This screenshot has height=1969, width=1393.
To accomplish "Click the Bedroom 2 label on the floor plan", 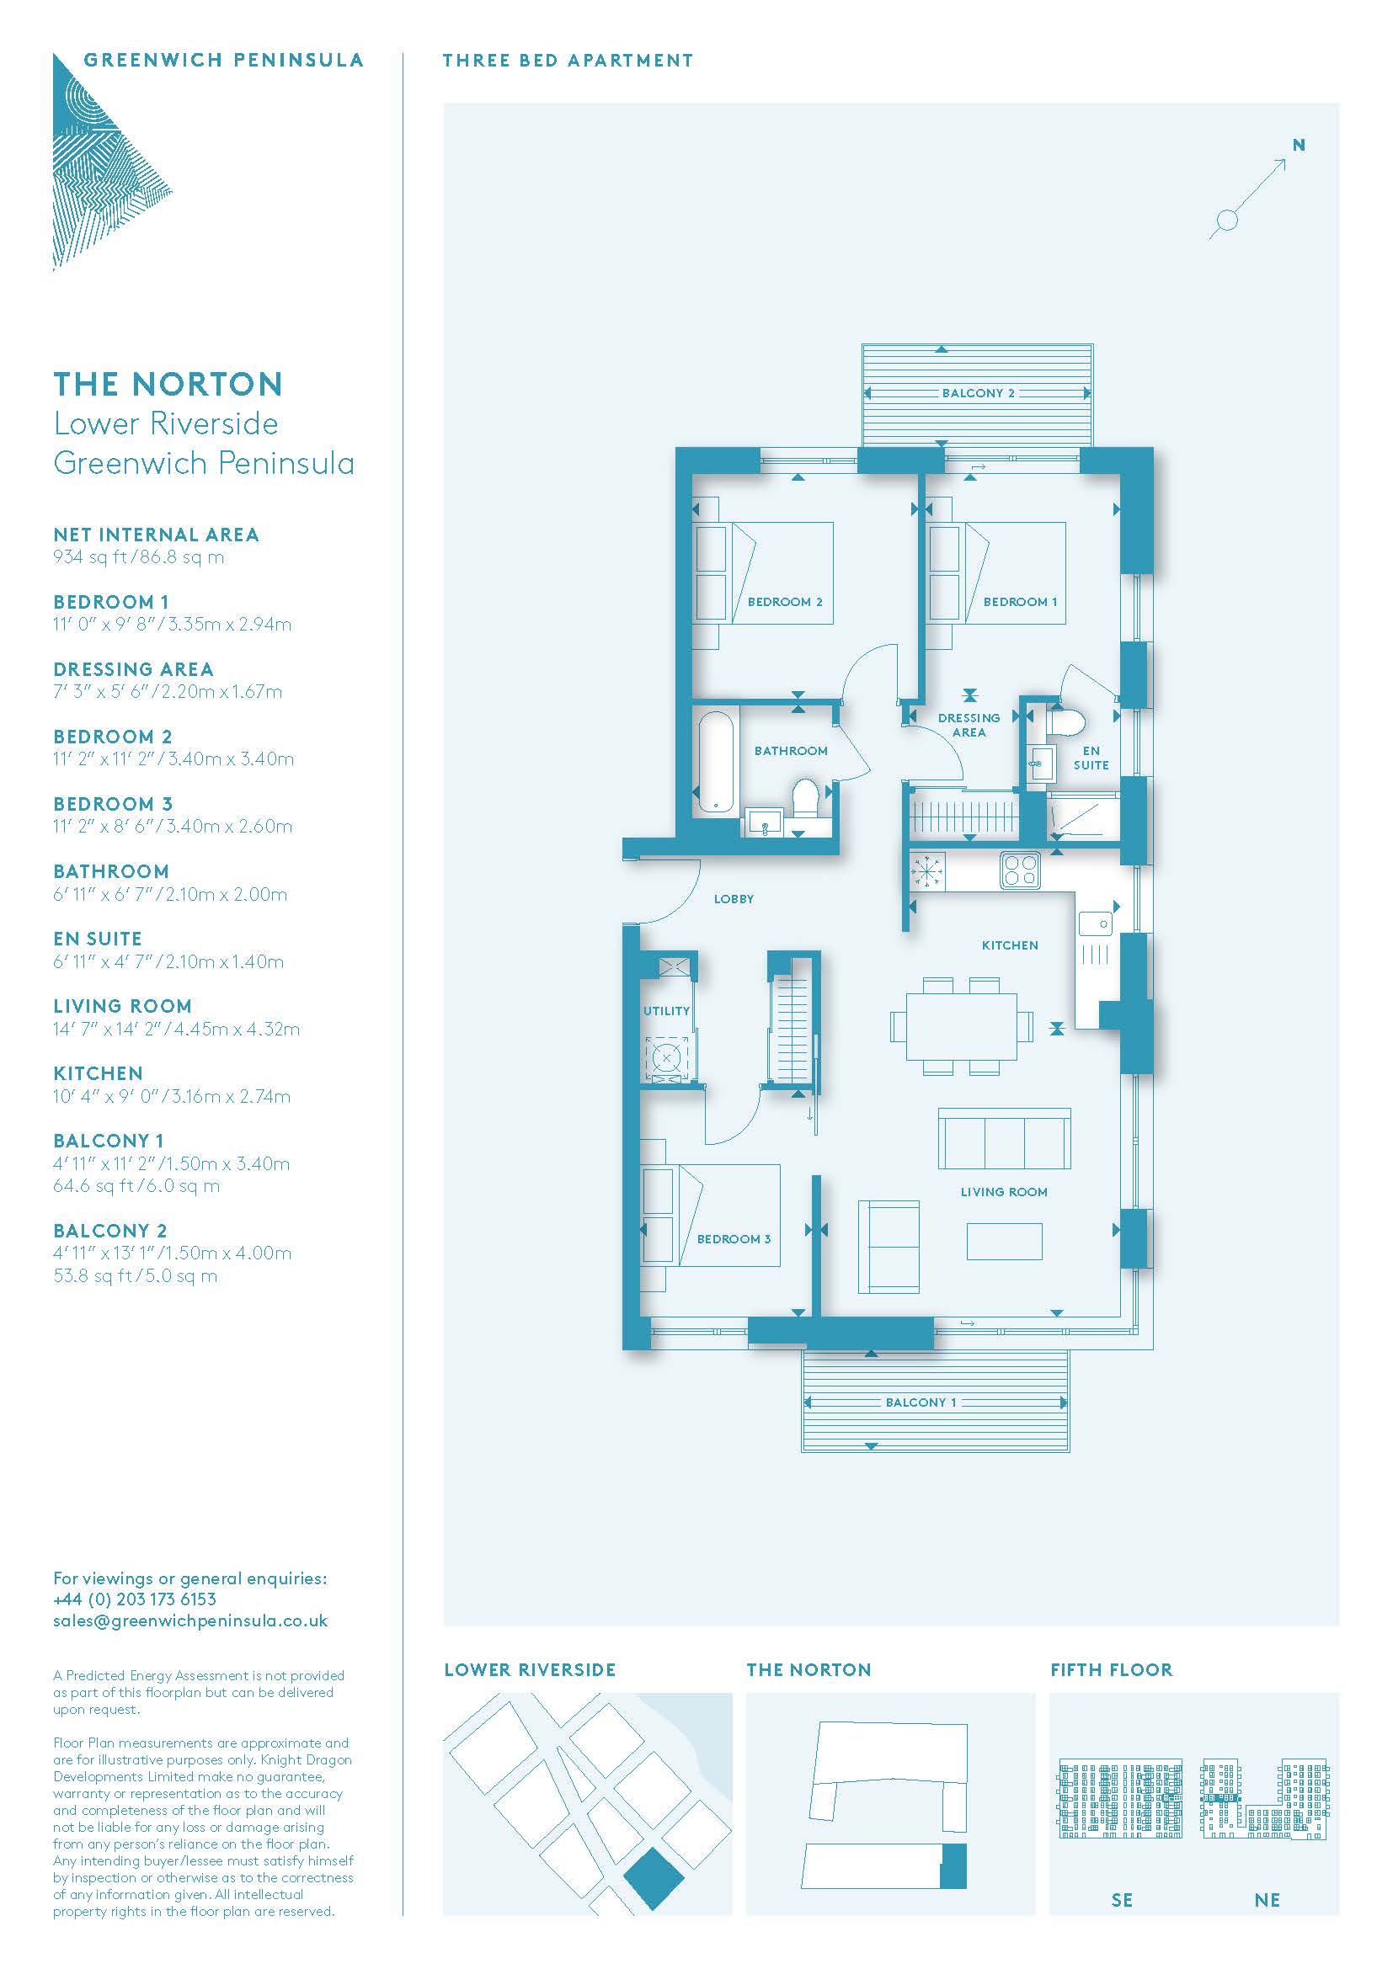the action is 785,602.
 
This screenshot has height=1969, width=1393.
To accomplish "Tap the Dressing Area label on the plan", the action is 969,725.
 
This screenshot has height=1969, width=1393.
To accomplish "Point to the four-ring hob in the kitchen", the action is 1020,870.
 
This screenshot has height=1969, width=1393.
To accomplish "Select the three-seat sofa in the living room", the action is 1004,1138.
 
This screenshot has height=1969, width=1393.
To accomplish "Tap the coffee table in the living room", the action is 1005,1241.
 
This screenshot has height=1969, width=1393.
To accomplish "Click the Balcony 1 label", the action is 921,1402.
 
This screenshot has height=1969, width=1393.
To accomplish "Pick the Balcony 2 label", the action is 978,393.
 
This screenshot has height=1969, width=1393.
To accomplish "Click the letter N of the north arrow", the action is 1299,145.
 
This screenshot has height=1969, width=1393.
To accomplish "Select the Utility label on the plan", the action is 666,1011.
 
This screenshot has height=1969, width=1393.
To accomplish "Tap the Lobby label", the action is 734,899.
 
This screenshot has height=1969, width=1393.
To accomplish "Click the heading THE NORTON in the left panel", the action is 168,384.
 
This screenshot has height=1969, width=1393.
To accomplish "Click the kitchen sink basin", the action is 1095,923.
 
